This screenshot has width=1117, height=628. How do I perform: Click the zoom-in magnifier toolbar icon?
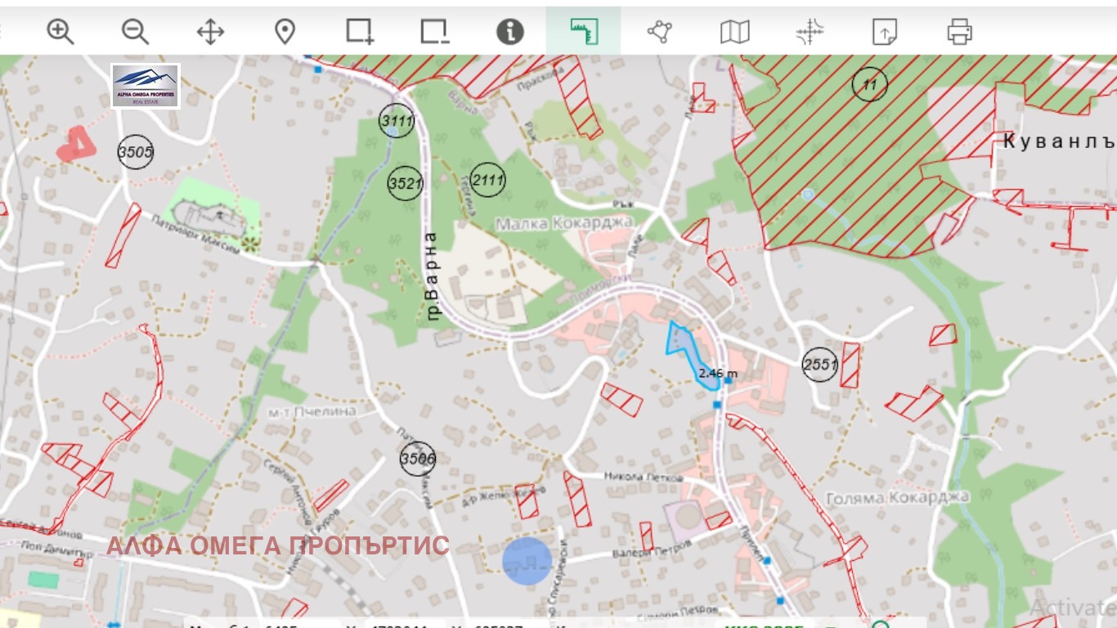point(60,32)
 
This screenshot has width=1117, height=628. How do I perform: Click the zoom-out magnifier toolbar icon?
point(135,32)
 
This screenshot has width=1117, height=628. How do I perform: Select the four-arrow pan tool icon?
point(210,32)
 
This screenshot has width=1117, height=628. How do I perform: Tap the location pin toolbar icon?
point(285,32)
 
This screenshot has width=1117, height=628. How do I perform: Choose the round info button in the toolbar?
point(509,32)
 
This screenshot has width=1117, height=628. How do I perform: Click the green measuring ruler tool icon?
point(584,32)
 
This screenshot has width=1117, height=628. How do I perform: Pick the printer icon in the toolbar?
point(959,32)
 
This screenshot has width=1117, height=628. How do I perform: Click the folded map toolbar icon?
point(734,32)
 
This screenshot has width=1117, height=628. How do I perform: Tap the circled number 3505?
point(135,151)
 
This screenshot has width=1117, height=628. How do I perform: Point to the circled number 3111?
point(397,121)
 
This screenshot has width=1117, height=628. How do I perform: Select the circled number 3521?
point(405,182)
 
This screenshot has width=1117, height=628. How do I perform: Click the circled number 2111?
point(488,180)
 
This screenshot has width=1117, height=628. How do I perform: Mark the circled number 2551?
point(819,364)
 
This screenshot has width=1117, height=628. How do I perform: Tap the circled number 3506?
point(417,459)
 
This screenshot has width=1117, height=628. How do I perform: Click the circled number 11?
point(869,84)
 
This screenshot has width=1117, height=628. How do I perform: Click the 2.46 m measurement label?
point(718,374)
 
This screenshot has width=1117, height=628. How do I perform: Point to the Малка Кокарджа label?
point(564,222)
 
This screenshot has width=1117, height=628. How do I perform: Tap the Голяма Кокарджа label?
point(897,497)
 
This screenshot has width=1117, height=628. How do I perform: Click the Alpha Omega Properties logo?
point(146,86)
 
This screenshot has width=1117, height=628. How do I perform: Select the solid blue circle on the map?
point(527,561)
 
